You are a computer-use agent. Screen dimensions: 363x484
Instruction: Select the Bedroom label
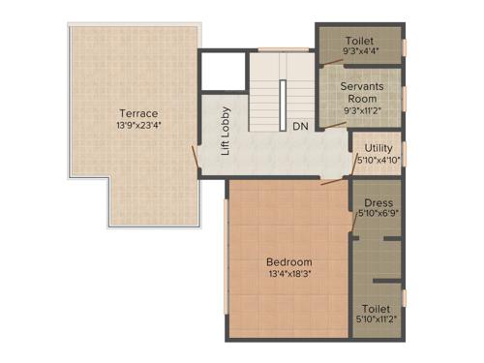point(289,261)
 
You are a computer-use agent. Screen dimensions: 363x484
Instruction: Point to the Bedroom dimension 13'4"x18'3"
point(289,274)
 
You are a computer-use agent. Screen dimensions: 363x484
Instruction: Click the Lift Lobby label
point(226,130)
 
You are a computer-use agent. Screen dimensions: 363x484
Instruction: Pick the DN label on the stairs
point(300,126)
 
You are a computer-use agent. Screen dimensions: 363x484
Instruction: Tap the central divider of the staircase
point(283,103)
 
